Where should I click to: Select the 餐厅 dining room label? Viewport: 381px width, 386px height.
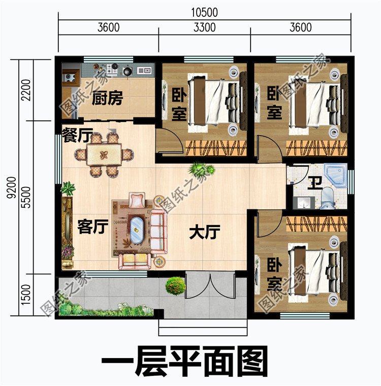tap(76, 135)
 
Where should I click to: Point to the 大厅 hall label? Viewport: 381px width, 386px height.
tap(204, 233)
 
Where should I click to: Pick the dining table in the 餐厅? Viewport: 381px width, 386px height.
tap(104, 154)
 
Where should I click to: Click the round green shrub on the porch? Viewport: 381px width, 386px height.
tap(175, 285)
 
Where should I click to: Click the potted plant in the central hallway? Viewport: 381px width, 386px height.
tap(197, 170)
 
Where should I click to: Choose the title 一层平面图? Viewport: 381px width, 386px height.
tap(184, 362)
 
